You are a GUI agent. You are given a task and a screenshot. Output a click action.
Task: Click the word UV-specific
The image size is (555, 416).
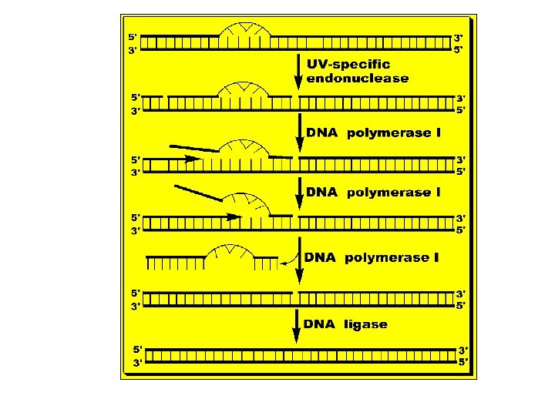348,65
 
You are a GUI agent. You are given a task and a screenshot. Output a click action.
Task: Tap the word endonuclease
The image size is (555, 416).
358,78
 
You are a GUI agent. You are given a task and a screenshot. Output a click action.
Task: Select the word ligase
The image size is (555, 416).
366,324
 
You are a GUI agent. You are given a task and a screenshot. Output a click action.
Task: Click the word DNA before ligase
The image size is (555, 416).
320,324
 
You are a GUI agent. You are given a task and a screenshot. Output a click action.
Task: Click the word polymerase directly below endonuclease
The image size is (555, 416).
388,133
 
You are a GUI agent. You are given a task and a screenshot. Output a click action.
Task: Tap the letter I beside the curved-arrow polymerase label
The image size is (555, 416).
436,257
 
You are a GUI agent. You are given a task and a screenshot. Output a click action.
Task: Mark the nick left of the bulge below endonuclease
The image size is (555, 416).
164,96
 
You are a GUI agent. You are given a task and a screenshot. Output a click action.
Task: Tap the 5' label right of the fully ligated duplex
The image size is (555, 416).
464,363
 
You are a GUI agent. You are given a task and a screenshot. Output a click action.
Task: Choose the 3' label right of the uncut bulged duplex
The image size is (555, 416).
459,36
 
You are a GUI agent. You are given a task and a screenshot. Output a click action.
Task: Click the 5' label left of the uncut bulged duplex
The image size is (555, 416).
133,36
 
